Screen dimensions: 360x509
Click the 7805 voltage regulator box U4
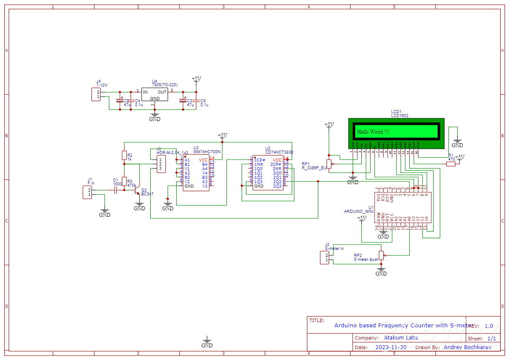click(x=155, y=94)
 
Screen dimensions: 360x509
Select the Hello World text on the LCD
click(x=373, y=131)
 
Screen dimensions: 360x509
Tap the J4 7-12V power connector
click(x=96, y=94)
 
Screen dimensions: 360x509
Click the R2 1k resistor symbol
click(x=124, y=155)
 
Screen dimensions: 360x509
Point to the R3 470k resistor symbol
click(x=124, y=182)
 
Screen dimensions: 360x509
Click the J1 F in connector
click(x=88, y=192)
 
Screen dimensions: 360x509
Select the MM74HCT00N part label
click(x=207, y=152)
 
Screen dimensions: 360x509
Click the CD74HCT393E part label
click(x=279, y=152)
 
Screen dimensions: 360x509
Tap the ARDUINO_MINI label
click(x=359, y=211)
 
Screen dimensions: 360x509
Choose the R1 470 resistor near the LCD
click(x=451, y=164)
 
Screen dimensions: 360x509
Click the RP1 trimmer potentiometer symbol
click(x=329, y=164)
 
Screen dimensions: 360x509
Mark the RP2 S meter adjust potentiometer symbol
click(x=381, y=256)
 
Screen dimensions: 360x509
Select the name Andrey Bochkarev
click(x=467, y=347)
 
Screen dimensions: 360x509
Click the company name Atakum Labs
click(x=401, y=338)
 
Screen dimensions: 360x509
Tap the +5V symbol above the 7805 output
click(x=196, y=79)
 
